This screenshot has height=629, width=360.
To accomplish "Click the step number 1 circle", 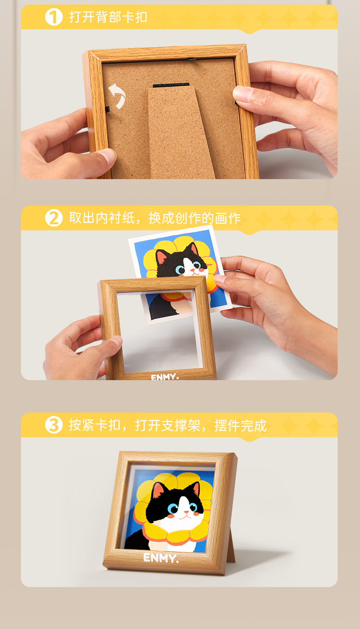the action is point(54,17).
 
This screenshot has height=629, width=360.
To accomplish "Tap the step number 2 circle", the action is point(54,218).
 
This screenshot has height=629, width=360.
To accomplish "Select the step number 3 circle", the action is point(54,425).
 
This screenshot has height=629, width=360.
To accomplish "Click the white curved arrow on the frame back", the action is point(118,96).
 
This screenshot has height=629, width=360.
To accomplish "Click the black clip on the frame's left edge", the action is point(107,109).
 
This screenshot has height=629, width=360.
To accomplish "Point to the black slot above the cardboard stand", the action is point(171,85).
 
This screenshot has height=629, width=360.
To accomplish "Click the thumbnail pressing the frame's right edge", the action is point(243,94).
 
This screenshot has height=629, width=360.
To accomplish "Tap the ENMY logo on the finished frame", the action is point(161,558).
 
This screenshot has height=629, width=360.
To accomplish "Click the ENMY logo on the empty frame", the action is point(165,377).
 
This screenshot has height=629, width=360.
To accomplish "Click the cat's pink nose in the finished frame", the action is point(186,512).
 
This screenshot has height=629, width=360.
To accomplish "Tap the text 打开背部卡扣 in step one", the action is point(108,17).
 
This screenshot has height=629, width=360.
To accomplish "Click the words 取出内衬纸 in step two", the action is point(102,218).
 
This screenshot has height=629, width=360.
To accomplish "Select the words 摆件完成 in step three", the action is point(240,425).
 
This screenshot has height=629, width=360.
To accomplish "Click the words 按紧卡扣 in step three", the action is point(95,425).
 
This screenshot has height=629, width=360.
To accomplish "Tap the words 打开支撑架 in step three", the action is point(167,425).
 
